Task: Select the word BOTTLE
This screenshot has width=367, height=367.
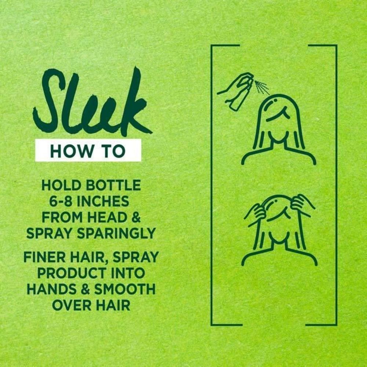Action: [113, 185]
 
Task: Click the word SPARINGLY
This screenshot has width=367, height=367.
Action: [116, 233]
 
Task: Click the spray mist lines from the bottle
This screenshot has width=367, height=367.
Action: [262, 87]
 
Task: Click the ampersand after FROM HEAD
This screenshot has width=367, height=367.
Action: [136, 217]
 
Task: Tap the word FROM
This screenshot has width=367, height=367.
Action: [62, 217]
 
